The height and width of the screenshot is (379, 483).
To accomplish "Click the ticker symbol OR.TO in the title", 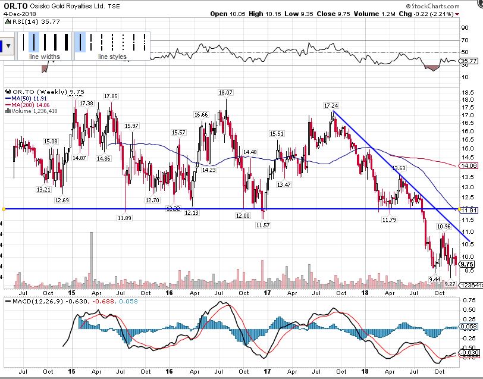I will [14, 5].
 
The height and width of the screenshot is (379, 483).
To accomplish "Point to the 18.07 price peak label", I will [225, 93].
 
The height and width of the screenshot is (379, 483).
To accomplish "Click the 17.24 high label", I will [331, 105].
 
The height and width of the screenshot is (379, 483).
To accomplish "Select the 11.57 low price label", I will [262, 225].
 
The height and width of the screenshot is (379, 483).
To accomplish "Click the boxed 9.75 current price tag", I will [467, 264].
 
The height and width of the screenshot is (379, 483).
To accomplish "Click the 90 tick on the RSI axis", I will [464, 27].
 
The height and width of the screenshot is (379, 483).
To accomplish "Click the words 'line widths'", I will [45, 57].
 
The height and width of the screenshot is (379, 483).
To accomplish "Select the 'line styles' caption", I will [112, 57].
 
